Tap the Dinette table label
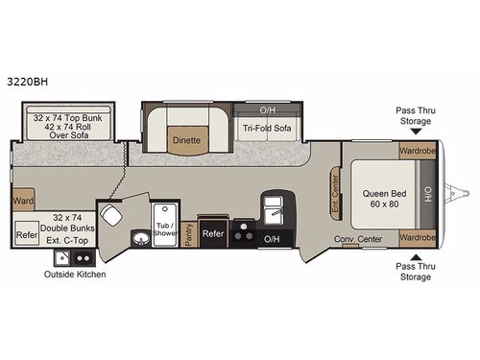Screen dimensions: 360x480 pyautogui.click(x=186, y=139)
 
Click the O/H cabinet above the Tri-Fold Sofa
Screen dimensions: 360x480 pyautogui.click(x=265, y=109)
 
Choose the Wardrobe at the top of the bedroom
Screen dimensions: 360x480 pyautogui.click(x=417, y=151)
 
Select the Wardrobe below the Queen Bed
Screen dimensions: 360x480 pyautogui.click(x=417, y=236)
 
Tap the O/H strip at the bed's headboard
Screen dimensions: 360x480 pyautogui.click(x=428, y=194)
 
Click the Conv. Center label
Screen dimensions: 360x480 pyautogui.click(x=358, y=238)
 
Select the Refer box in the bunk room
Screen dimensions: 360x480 pyautogui.click(x=26, y=233)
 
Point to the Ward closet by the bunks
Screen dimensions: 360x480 pyautogui.click(x=24, y=202)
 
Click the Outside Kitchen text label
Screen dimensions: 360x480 pyautogui.click(x=75, y=275)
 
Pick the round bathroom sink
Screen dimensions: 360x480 pyautogui.click(x=141, y=237)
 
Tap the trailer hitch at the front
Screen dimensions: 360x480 pyautogui.click(x=459, y=194)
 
